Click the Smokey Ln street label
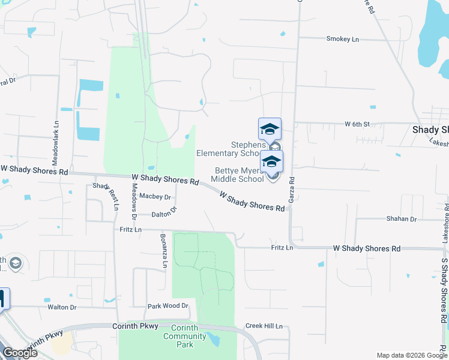click(x=342, y=39)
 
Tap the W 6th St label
click(x=357, y=124)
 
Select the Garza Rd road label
click(x=292, y=188)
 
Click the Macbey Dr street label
click(x=155, y=196)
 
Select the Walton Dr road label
click(x=62, y=307)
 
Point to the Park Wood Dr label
click(x=168, y=306)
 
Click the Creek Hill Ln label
click(x=264, y=326)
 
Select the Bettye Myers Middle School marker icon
click(x=271, y=162)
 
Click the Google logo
click(x=19, y=353)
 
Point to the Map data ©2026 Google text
click(x=412, y=355)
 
